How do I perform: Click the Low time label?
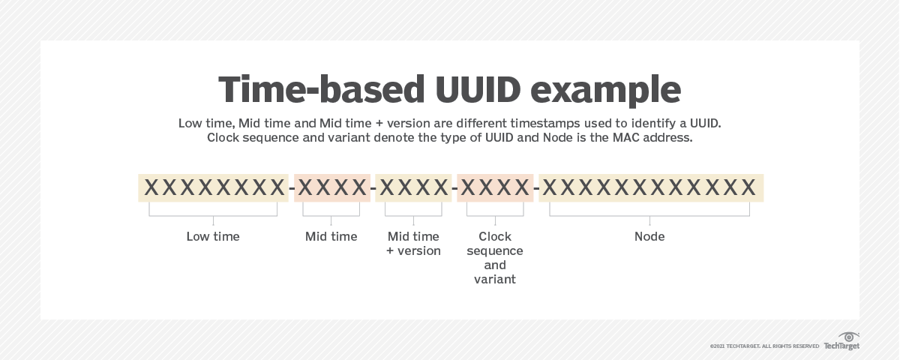(x=213, y=236)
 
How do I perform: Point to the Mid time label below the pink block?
(x=331, y=236)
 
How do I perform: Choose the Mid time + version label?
(x=413, y=244)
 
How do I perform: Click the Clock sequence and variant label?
(x=495, y=258)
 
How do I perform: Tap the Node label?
(x=649, y=236)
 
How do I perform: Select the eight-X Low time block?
(x=214, y=187)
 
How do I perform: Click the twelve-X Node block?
(x=650, y=187)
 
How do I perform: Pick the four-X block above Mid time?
(x=331, y=187)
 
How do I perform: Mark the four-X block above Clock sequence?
(x=495, y=187)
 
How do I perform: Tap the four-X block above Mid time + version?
(x=413, y=187)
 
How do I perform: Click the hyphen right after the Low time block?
(x=291, y=189)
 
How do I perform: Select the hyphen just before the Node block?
(x=536, y=189)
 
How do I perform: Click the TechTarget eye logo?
(x=849, y=336)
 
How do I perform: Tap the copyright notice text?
(x=764, y=346)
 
